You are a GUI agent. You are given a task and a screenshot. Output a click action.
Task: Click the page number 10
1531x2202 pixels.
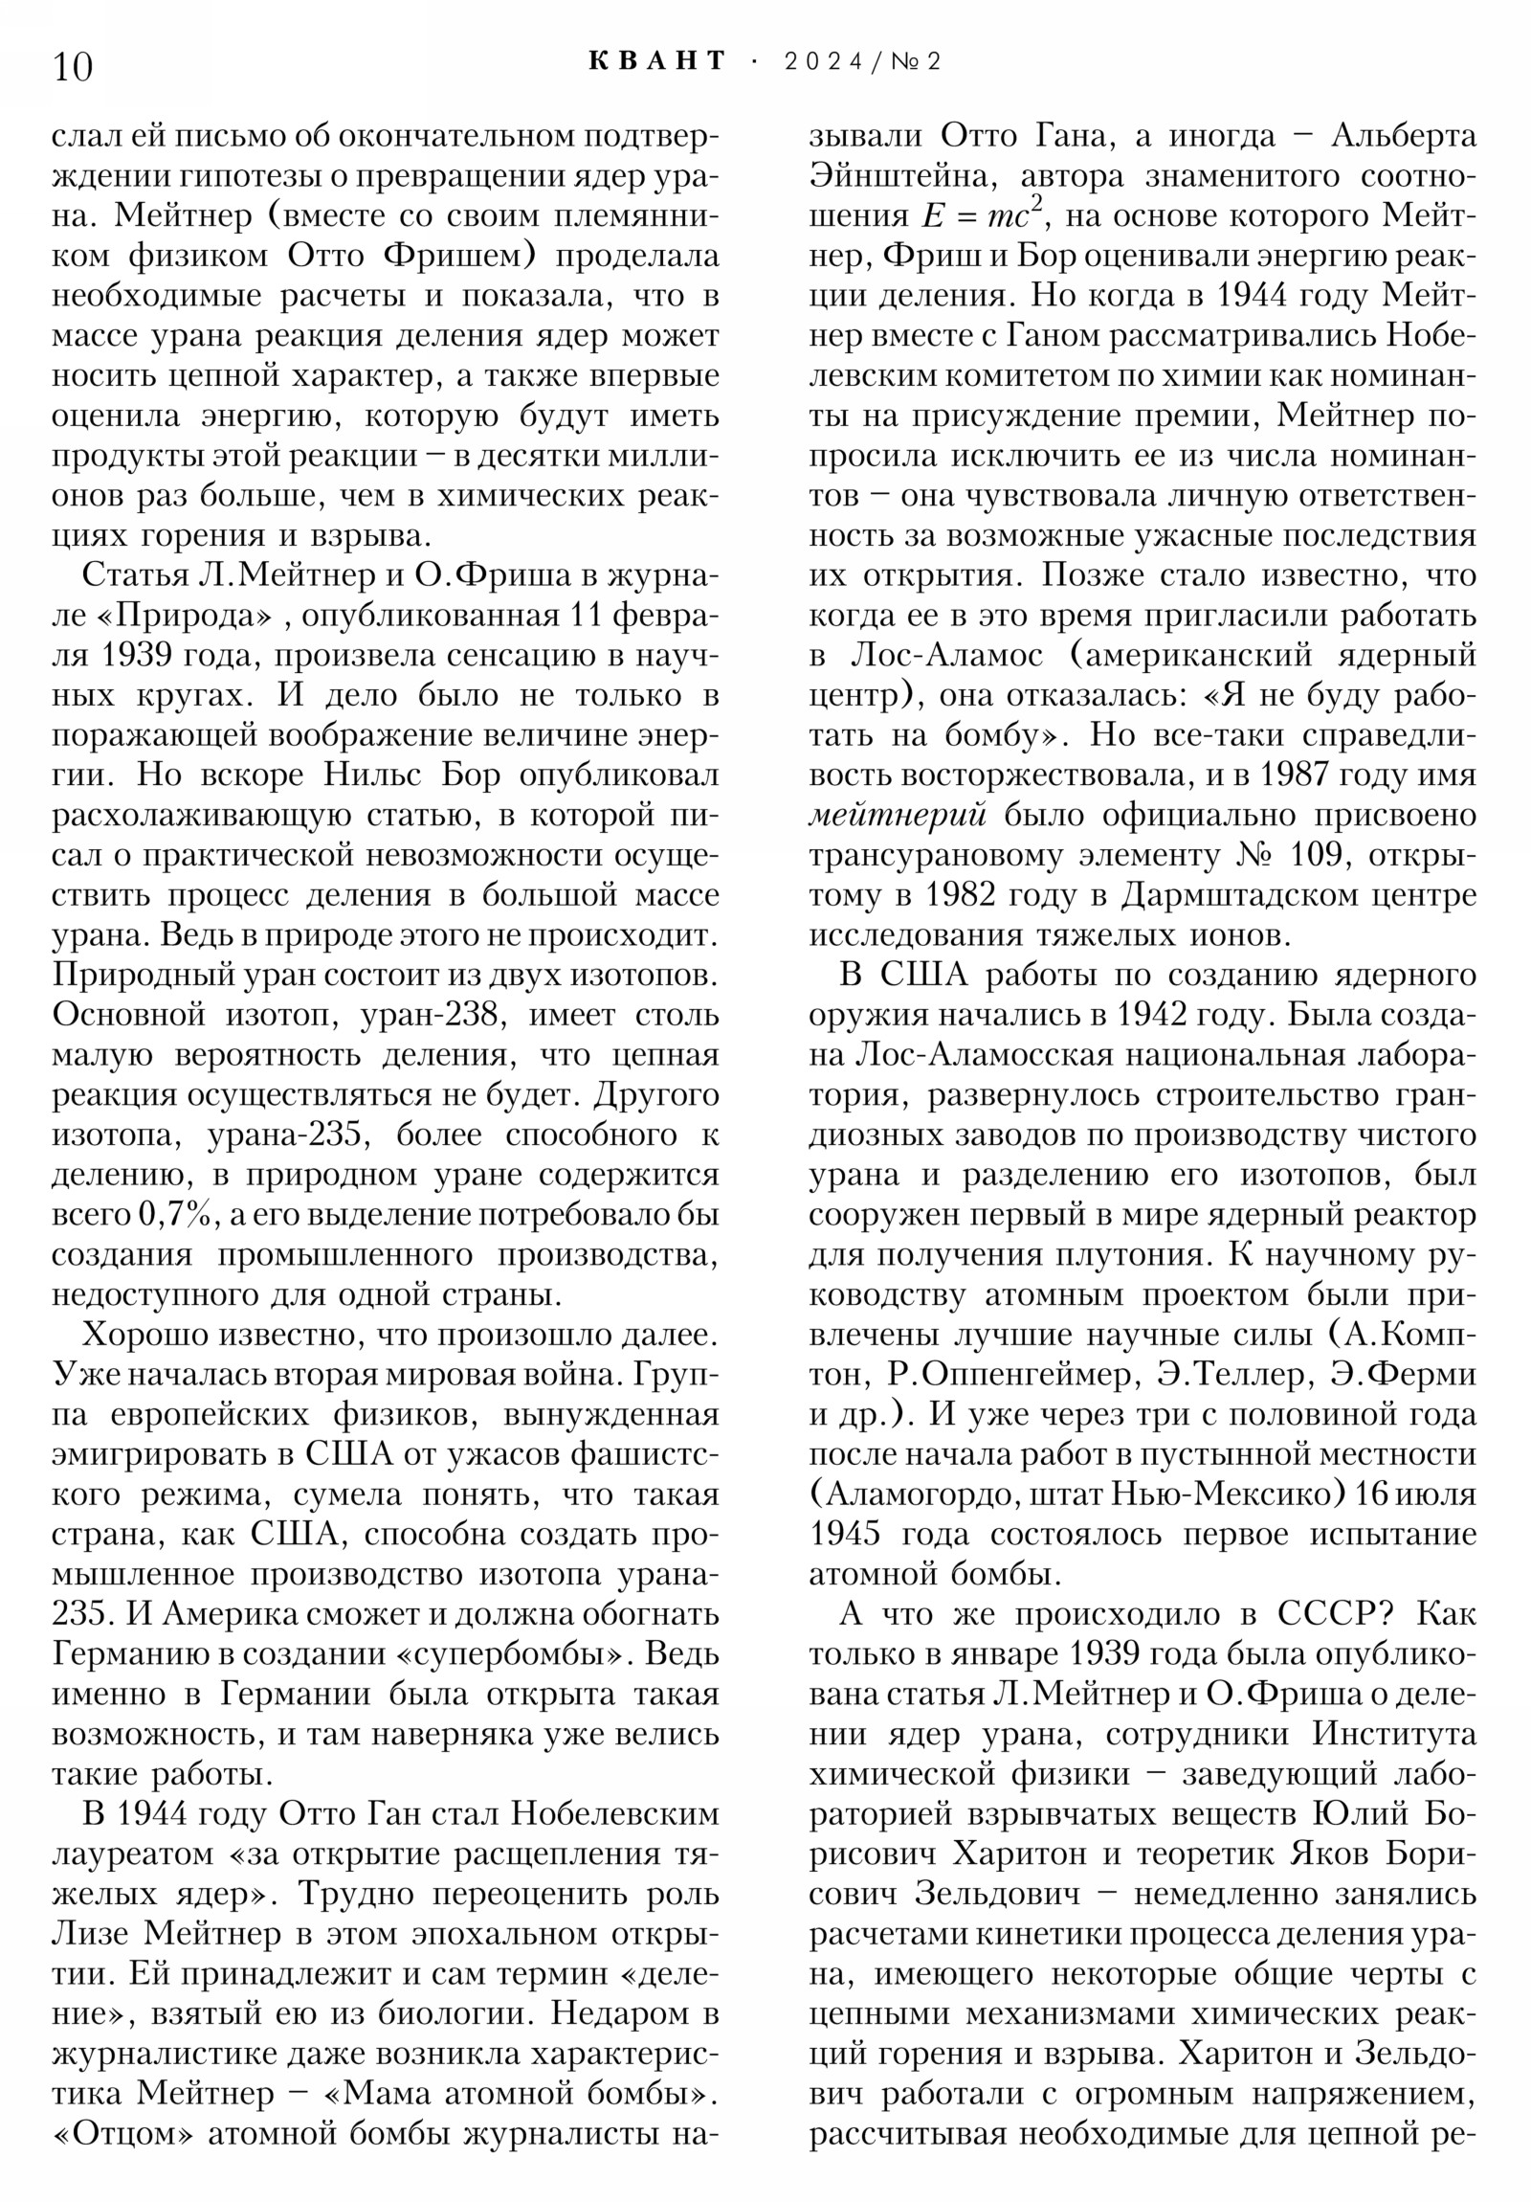(73, 67)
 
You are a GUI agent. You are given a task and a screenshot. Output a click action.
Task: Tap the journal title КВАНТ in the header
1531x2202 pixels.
(657, 61)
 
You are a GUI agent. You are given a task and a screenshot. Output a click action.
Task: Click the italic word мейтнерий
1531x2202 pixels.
(899, 815)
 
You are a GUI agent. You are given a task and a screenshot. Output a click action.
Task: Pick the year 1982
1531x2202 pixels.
(947, 895)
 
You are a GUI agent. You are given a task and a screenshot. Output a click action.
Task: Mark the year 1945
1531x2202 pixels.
(845, 1535)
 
